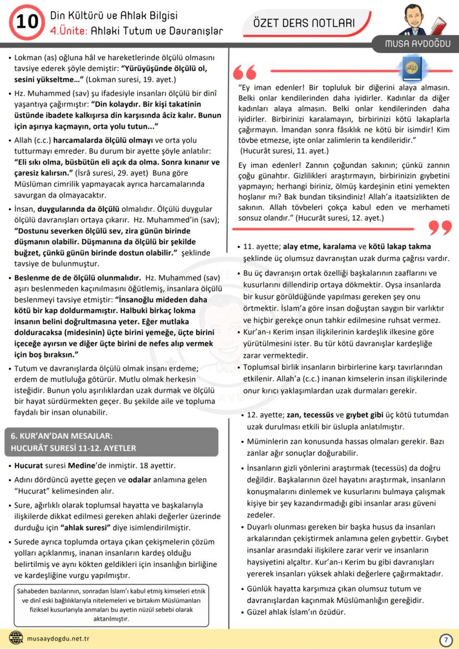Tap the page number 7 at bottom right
445,640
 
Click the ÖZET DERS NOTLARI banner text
303,23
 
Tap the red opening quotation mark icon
245,72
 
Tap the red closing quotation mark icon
440,227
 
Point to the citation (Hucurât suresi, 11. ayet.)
284,150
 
